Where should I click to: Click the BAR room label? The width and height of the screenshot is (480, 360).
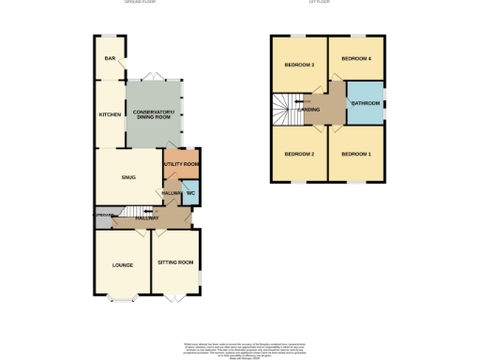(110, 59)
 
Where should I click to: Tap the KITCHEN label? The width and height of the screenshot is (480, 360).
(110, 114)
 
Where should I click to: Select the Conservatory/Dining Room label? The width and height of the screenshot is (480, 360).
(155, 114)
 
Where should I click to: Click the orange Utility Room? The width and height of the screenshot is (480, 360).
(182, 164)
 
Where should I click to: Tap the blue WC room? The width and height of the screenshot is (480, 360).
(189, 194)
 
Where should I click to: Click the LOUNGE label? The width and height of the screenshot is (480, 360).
(123, 265)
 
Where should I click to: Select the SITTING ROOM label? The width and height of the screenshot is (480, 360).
(175, 262)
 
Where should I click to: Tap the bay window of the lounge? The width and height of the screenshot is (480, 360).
(123, 299)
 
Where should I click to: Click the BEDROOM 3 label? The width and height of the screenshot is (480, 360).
(299, 65)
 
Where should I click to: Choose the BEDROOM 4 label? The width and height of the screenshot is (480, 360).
(356, 59)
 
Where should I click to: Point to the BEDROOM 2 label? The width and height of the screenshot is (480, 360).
(299, 153)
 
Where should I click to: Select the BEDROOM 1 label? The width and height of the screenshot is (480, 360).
(356, 153)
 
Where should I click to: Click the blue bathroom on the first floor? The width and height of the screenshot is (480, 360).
(365, 103)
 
